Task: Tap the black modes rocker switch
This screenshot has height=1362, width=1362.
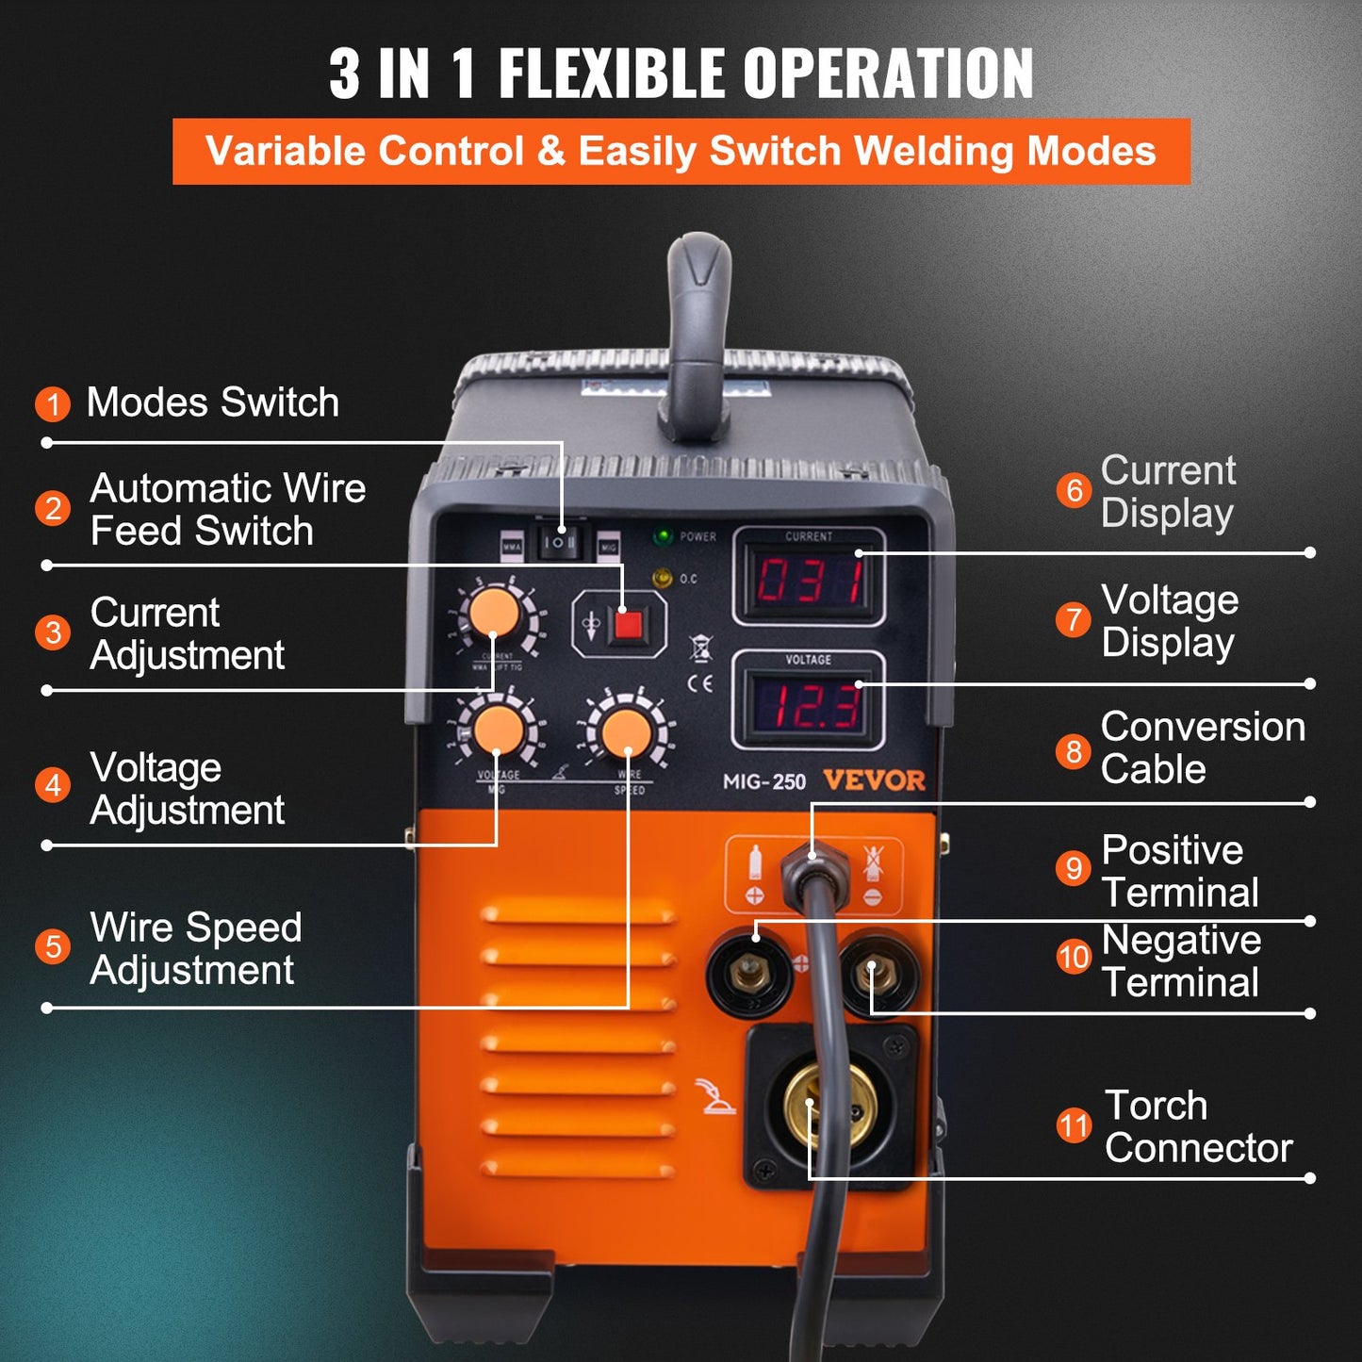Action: point(559,542)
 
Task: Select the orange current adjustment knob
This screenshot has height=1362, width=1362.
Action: point(495,614)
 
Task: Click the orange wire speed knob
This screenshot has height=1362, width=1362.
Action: point(627,732)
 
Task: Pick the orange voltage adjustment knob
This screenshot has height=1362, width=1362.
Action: point(499,730)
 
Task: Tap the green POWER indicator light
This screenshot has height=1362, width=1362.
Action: point(664,536)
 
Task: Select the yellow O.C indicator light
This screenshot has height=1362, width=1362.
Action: point(664,577)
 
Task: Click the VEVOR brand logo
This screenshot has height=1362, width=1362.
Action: point(874,780)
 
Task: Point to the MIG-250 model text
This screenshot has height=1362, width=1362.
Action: point(763,781)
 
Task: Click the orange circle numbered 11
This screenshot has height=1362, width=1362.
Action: point(1074,1125)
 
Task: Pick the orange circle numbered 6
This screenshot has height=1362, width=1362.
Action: point(1074,490)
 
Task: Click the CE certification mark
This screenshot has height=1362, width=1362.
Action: point(699,683)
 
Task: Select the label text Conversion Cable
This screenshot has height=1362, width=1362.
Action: point(1202,747)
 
